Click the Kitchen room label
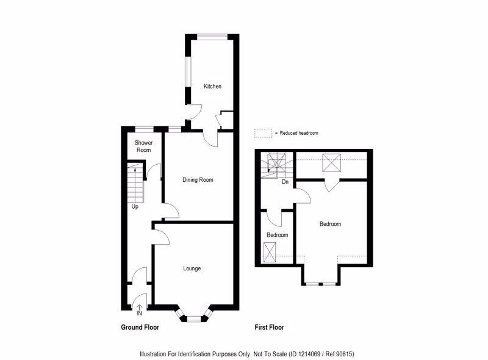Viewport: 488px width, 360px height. pyautogui.click(x=212, y=87)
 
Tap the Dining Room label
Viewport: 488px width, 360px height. pyautogui.click(x=198, y=180)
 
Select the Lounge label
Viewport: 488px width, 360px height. pyautogui.click(x=192, y=268)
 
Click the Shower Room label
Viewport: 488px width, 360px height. pyautogui.click(x=143, y=146)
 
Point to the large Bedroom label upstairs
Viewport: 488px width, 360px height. pyautogui.click(x=331, y=224)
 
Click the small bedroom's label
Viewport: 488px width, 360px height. pyautogui.click(x=278, y=235)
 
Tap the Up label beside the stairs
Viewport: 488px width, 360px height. pyautogui.click(x=135, y=207)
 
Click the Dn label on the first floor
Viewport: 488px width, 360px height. pyautogui.click(x=285, y=181)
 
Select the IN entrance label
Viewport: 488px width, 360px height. pyautogui.click(x=140, y=314)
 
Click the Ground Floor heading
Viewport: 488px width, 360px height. pyautogui.click(x=140, y=328)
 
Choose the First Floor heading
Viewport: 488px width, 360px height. pyautogui.click(x=269, y=328)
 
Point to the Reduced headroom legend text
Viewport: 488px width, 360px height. pyautogui.click(x=297, y=133)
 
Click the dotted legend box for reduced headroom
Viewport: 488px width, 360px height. pyautogui.click(x=263, y=133)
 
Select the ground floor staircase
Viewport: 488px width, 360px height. pyautogui.click(x=135, y=182)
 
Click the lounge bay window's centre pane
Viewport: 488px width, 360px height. pyautogui.click(x=194, y=318)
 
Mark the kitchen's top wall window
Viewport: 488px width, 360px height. pyautogui.click(x=212, y=36)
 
